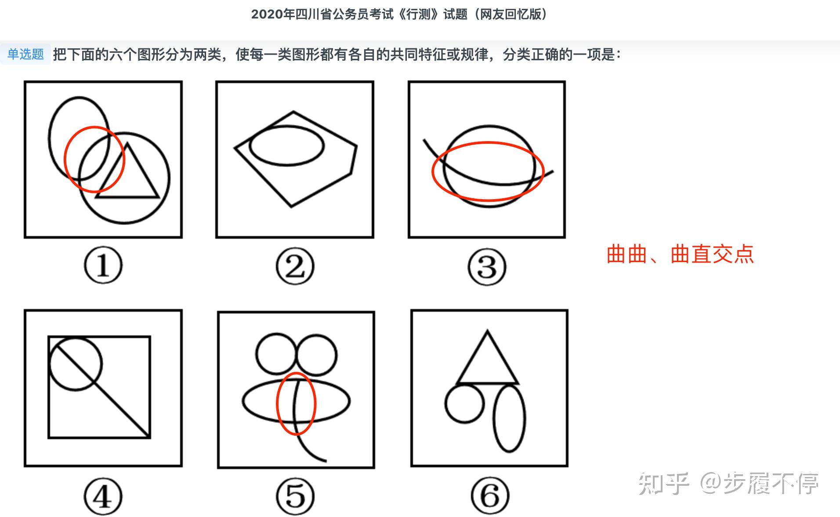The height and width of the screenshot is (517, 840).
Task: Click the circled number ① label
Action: [x=103, y=265]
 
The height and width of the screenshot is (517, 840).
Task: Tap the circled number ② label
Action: [x=295, y=266]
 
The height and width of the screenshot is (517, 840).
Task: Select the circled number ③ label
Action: [x=487, y=266]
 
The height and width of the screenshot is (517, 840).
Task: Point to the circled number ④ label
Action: [x=103, y=497]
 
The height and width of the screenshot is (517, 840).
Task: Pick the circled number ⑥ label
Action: [x=490, y=496]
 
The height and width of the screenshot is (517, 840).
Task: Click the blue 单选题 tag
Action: [x=25, y=54]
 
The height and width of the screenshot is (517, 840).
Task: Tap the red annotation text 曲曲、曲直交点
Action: [x=680, y=254]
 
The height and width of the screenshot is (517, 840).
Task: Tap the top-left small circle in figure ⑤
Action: [x=257, y=354]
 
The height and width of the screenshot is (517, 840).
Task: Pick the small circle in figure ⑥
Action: [x=445, y=404]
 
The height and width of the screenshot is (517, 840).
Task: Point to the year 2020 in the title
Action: [x=267, y=15]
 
